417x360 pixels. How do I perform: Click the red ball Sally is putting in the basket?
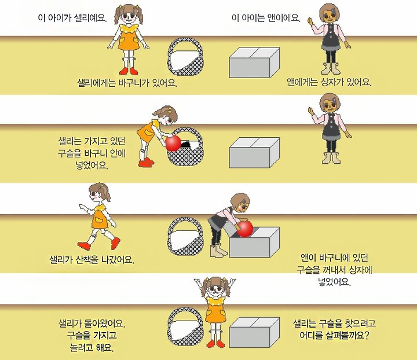click(x=173, y=143)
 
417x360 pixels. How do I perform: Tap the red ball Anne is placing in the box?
click(x=244, y=229)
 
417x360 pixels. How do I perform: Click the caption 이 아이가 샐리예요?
click(x=72, y=18)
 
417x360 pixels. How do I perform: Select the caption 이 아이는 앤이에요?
click(x=266, y=18)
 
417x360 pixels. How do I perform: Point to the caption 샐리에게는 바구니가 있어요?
click(x=127, y=83)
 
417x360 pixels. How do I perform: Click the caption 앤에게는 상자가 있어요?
click(x=329, y=82)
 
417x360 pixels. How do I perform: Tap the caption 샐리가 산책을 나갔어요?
click(x=92, y=259)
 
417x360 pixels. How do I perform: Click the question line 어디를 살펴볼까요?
click(x=334, y=336)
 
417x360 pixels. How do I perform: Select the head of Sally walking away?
click(x=99, y=192)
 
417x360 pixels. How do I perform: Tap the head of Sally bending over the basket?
click(x=167, y=116)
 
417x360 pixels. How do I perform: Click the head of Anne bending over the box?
click(x=240, y=203)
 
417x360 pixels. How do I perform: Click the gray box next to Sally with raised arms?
click(x=254, y=332)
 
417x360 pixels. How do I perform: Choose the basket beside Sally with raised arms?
click(x=186, y=328)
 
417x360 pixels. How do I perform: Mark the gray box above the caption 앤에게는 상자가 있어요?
click(x=254, y=63)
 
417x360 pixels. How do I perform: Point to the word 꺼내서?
click(x=334, y=270)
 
